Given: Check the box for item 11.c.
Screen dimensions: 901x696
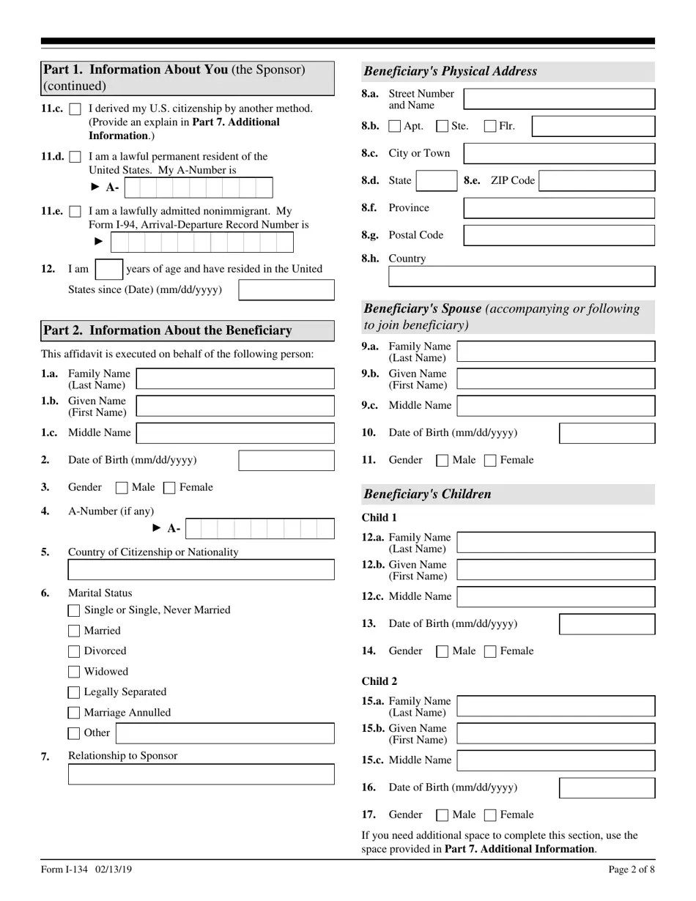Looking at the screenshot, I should (x=75, y=109).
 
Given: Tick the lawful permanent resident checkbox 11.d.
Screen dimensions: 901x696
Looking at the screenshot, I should (x=75, y=157).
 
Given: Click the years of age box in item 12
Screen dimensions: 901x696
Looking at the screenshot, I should (x=109, y=269).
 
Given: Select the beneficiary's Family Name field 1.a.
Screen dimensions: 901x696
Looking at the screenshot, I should (x=235, y=379).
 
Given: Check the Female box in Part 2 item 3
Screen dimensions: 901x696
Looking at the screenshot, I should (x=169, y=488).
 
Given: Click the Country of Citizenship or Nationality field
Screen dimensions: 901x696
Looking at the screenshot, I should (x=201, y=570).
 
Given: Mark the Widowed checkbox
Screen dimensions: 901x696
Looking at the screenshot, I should (x=74, y=672).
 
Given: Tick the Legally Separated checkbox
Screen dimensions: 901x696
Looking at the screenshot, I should (x=74, y=692).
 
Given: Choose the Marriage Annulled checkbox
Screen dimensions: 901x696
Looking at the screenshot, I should (x=74, y=713).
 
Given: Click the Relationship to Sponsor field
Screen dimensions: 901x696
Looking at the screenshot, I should (x=201, y=774).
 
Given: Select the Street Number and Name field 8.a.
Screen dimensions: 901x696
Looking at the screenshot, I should (x=560, y=99).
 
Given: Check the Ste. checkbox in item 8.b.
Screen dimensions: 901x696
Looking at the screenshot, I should (x=442, y=127).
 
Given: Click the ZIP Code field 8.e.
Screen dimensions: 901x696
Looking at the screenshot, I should (x=596, y=181).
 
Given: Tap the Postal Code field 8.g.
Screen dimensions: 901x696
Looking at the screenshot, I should (x=560, y=235).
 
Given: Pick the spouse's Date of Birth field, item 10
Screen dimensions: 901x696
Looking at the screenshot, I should (x=607, y=433).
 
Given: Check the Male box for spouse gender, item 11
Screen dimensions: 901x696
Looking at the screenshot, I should (x=442, y=461).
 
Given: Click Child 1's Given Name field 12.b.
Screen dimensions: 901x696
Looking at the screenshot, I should (x=555, y=570).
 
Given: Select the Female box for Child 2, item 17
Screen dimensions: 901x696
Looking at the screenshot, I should (x=491, y=815).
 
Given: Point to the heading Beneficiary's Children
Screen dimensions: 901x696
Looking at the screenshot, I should (x=427, y=494).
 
